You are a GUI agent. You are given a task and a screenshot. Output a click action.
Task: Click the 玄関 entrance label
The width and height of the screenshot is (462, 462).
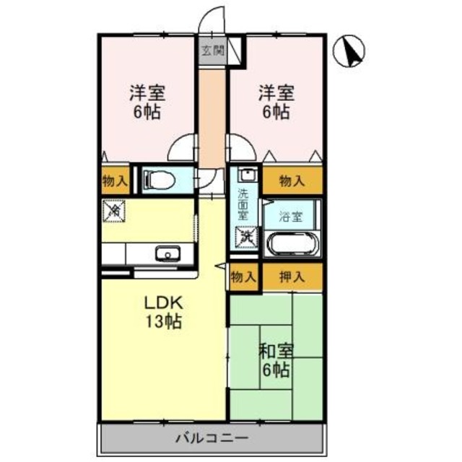coord(212,51)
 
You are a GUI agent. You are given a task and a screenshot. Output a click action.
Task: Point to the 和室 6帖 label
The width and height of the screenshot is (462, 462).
coord(275,361)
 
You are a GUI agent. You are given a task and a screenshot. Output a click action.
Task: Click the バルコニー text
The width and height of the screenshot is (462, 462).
coord(212,437)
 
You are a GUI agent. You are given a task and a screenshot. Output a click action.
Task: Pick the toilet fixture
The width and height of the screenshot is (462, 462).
coord(159,180)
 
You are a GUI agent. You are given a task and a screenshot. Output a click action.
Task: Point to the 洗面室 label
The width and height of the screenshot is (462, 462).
coord(244,203)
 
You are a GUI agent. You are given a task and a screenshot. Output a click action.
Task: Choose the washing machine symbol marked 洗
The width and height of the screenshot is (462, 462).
coord(245,236)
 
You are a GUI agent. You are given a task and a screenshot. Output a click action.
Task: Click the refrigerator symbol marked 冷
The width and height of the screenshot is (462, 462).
coord(113,211)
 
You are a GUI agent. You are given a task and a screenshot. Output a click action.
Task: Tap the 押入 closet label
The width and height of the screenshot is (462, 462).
coord(292,276)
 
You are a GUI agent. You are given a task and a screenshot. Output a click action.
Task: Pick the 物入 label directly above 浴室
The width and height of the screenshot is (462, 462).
coord(292,181)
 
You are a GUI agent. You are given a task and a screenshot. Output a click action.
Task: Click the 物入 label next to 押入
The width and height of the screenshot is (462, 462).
coord(243,276)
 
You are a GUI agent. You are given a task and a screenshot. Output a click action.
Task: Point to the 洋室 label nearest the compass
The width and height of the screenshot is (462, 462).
coord(275,102)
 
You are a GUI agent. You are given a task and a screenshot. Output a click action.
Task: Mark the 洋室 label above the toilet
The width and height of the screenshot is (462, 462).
coord(147,102)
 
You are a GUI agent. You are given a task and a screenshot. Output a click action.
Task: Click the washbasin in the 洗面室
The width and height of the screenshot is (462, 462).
coord(245,176)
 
